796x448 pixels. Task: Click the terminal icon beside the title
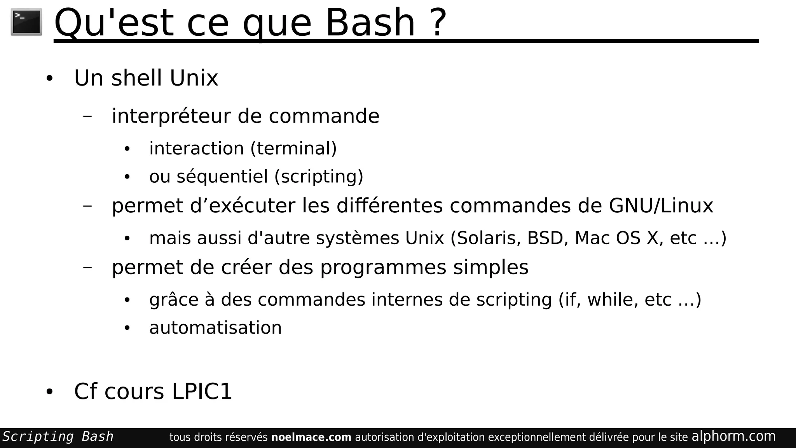click(26, 22)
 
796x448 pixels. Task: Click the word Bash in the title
click(370, 23)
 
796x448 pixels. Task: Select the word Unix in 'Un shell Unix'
click(194, 78)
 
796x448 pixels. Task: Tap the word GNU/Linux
click(661, 205)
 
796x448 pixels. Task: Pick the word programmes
click(383, 268)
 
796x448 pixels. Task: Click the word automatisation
click(215, 327)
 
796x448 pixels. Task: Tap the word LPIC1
click(202, 391)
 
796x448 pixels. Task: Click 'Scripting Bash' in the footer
click(58, 437)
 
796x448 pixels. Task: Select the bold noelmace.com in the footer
click(311, 437)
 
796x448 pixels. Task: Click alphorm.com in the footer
click(733, 436)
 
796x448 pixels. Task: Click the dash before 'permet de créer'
click(87, 267)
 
